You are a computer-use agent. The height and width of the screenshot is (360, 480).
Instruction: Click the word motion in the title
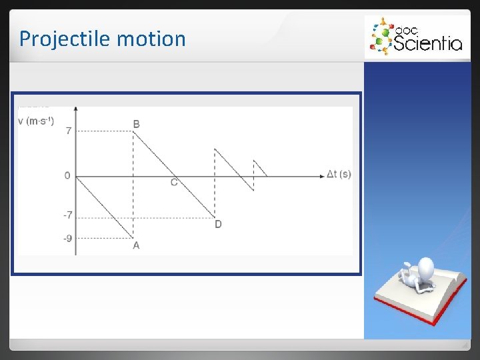tap(151, 39)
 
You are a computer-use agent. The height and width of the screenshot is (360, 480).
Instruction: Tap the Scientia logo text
tap(427, 43)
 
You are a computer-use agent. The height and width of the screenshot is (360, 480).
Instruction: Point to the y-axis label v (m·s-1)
tap(36, 121)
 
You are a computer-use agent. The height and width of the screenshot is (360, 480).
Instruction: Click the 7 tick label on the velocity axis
tap(68, 131)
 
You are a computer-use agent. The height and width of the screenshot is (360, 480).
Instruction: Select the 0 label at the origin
tap(67, 175)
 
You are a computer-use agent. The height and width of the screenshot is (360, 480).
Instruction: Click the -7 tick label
tap(67, 215)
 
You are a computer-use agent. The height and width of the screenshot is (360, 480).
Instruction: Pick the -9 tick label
tap(67, 238)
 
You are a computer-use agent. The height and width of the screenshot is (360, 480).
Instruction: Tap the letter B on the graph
tap(137, 124)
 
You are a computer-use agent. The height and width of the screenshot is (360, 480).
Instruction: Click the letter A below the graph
tap(136, 245)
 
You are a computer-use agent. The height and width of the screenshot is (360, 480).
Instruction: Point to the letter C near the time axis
tap(174, 183)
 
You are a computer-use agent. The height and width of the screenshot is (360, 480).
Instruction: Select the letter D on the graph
tap(218, 224)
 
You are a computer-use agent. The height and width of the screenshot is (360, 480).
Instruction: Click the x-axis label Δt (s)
tap(339, 175)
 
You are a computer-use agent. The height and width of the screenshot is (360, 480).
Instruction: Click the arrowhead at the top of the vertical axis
tap(76, 108)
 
